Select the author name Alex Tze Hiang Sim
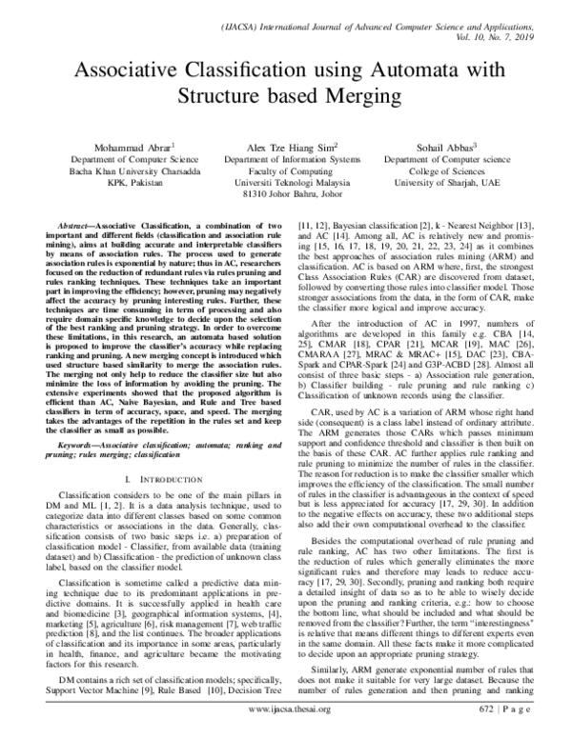click(284, 147)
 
